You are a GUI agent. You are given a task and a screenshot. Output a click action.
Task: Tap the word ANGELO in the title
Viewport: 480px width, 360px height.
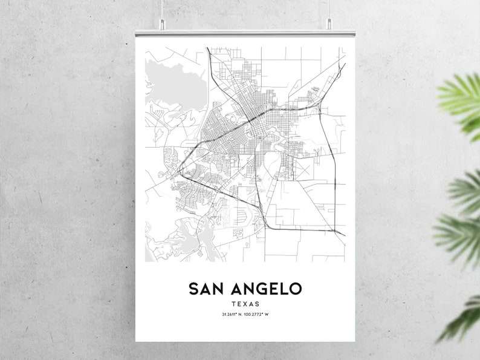point(267,289)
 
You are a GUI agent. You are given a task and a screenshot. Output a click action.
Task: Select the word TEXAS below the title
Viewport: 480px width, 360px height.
point(245,304)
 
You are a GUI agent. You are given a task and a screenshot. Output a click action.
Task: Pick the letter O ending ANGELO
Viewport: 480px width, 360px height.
point(294,289)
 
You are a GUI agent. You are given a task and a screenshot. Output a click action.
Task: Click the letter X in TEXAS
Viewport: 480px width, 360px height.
point(245,304)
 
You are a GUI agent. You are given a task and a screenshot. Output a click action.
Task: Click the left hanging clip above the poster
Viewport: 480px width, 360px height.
point(163,24)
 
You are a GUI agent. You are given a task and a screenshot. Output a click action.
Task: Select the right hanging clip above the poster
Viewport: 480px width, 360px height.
point(330,24)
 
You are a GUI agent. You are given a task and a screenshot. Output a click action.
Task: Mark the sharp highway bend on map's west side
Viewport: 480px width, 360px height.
point(177,175)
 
